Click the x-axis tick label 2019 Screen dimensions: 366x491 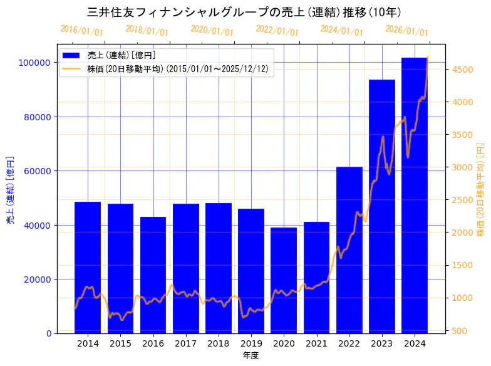251,343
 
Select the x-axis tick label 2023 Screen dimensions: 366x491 382,343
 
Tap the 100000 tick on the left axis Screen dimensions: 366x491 34,63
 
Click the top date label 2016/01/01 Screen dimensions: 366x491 82,30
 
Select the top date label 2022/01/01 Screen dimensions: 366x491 277,30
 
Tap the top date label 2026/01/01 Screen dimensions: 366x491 407,30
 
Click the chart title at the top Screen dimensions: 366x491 244,12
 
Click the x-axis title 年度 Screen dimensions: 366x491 251,355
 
